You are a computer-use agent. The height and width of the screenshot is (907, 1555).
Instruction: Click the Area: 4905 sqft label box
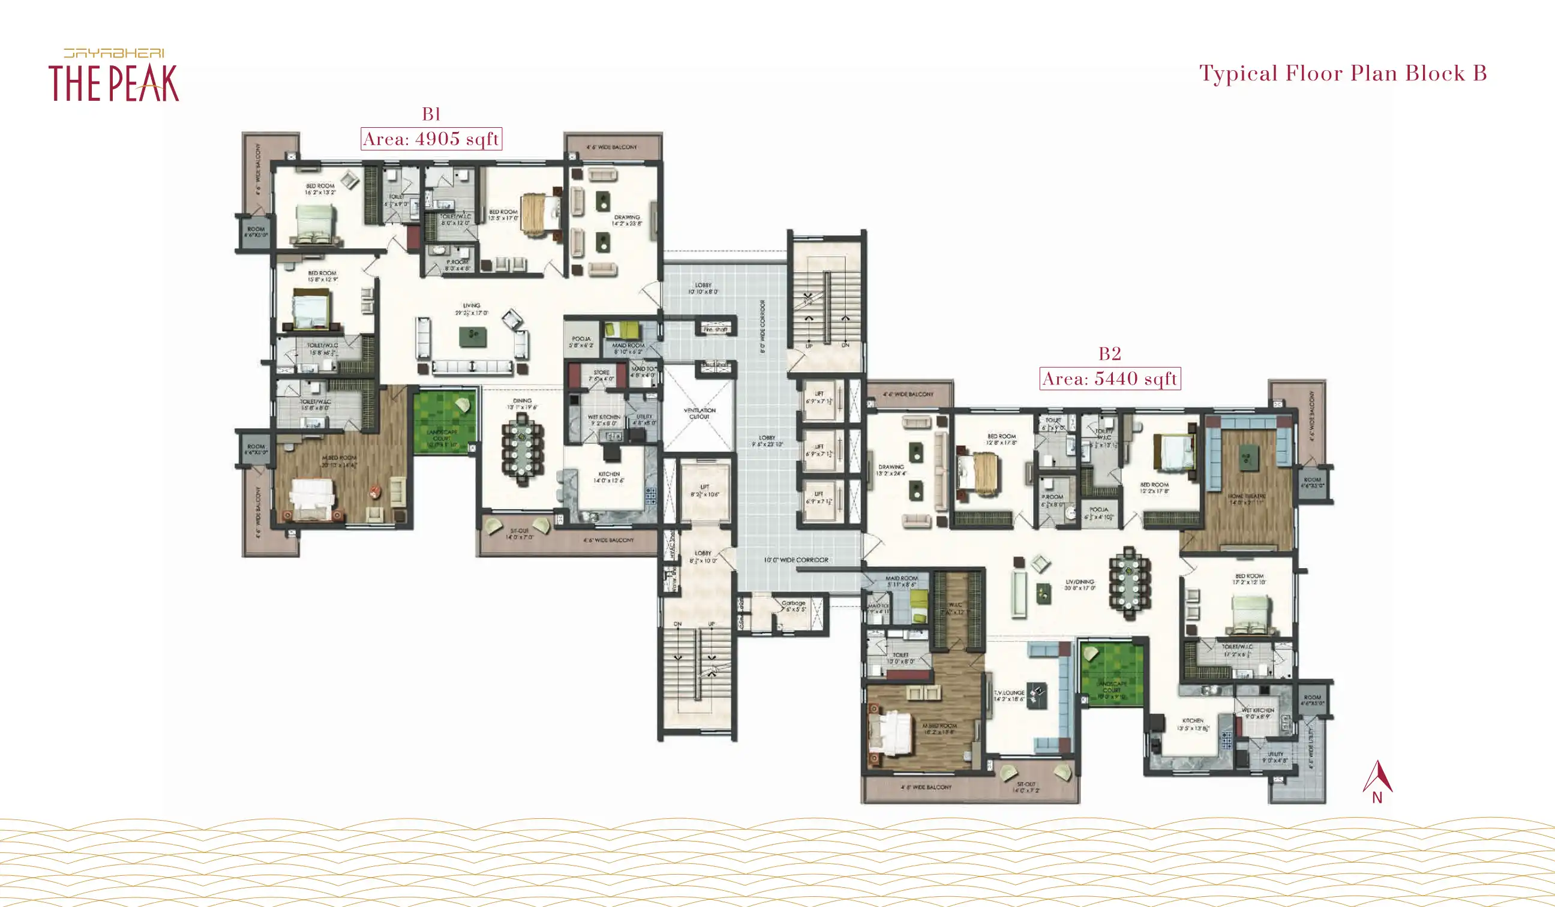coord(431,139)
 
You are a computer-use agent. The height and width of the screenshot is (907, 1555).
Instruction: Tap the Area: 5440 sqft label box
coord(1109,379)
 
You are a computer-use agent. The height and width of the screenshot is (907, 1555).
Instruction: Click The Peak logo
coord(114,76)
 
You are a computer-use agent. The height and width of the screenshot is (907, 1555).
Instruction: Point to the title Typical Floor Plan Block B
coord(1343,73)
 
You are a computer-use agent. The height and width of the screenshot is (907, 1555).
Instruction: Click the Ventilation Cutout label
coord(699,413)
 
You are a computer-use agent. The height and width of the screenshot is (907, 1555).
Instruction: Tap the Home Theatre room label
coord(1247,498)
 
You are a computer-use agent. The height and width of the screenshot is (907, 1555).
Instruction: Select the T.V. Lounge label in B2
coord(1009,695)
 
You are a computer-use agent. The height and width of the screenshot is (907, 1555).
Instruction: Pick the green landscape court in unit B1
coord(445,422)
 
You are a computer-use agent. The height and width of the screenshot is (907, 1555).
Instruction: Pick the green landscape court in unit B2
coord(1111,674)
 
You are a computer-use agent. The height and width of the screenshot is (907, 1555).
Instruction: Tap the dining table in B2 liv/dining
coord(1128,583)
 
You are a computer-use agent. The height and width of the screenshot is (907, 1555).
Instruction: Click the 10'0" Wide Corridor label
coord(796,560)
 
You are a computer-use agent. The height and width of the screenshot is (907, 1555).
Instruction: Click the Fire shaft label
coord(715,329)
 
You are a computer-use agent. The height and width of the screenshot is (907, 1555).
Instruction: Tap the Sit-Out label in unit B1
coord(519,534)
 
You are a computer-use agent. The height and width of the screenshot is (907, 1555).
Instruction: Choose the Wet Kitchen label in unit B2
coord(1257,713)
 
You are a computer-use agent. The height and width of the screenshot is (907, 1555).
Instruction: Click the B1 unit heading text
coord(431,114)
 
